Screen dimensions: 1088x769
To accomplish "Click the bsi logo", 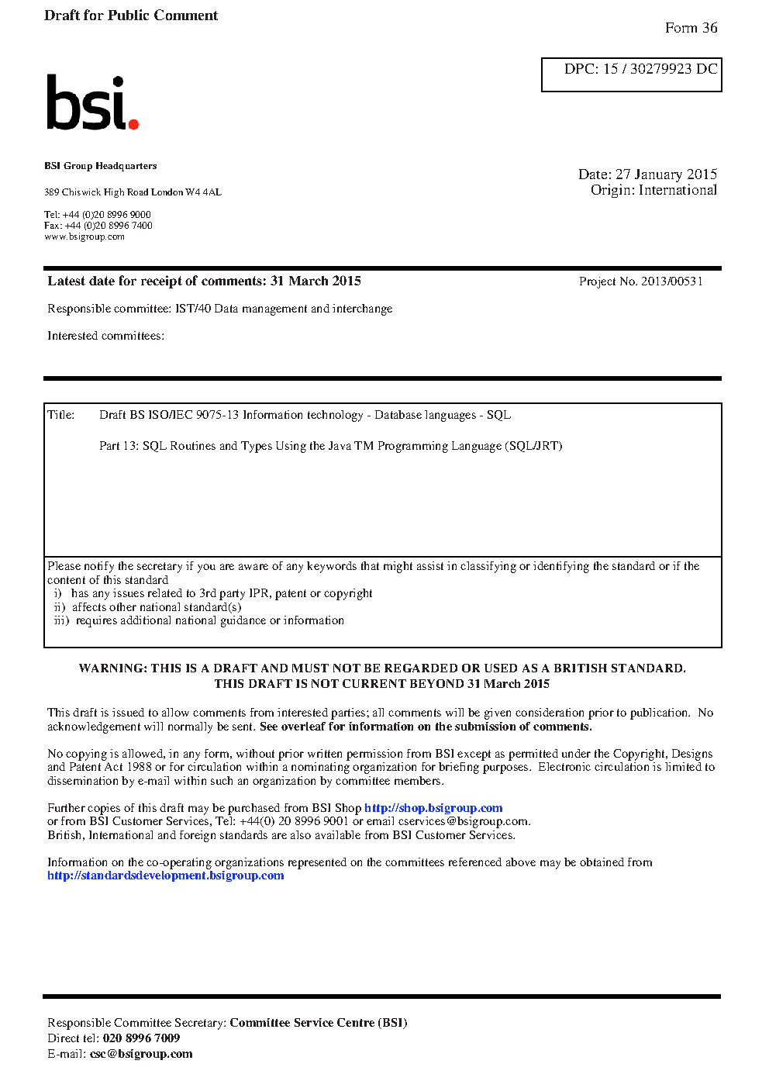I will [x=91, y=103].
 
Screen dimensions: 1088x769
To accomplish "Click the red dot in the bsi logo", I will [x=133, y=123].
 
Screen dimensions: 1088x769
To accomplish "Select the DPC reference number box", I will [x=631, y=74].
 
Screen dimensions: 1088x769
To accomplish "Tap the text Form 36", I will [x=691, y=28].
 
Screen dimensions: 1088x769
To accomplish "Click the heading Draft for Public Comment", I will [x=131, y=16].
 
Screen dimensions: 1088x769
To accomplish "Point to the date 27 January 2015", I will [x=666, y=174].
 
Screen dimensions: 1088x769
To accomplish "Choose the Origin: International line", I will [x=653, y=190].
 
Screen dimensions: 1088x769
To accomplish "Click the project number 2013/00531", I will [x=671, y=281].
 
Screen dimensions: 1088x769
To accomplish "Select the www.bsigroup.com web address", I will [x=84, y=237].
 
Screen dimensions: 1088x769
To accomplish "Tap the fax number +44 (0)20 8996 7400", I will [x=109, y=226].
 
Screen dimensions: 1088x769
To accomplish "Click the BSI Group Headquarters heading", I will [x=101, y=166].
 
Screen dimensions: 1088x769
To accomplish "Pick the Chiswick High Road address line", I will [x=133, y=192].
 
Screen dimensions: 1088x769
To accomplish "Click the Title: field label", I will [x=61, y=415].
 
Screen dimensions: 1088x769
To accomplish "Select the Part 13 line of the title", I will [x=330, y=446].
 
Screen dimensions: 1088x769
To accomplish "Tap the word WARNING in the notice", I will [x=112, y=668].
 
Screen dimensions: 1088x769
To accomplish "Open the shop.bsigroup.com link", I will [x=433, y=808].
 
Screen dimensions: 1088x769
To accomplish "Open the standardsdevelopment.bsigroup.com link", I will [x=165, y=876].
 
